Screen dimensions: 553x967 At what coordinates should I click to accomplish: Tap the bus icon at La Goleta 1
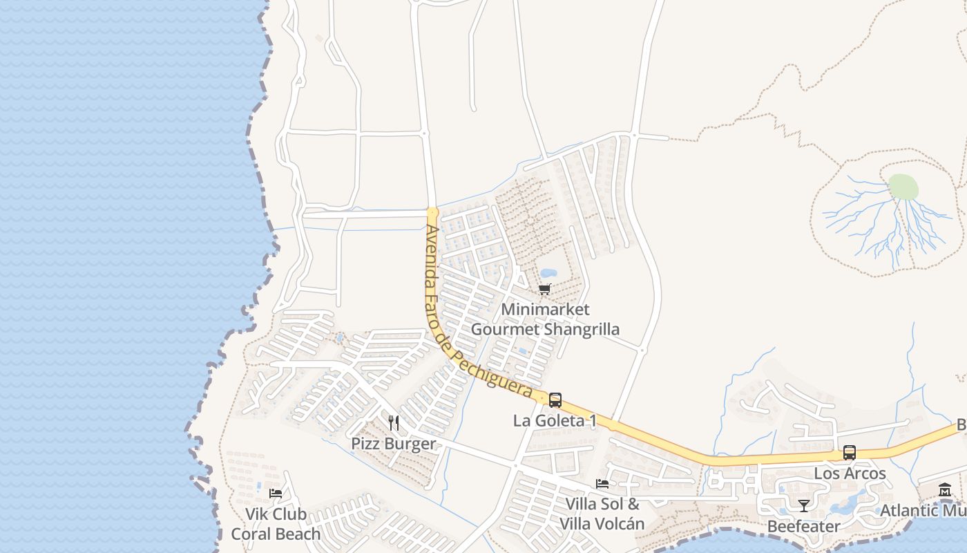coord(555,400)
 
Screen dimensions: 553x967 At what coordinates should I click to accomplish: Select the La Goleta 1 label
coord(555,420)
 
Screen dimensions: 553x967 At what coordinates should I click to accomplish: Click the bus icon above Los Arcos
coord(850,453)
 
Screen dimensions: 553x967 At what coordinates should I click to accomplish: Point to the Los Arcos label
coord(850,474)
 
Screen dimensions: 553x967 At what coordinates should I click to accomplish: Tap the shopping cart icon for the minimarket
coord(545,289)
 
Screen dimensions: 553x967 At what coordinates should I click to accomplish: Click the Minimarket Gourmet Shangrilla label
coord(545,319)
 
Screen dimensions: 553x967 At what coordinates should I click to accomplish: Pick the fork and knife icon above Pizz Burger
coord(394,422)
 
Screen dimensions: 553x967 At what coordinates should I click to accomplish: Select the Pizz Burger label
coord(394,443)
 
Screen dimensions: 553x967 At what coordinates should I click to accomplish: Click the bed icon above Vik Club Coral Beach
coord(276,494)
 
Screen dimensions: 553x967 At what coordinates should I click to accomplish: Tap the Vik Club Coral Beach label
coord(276,524)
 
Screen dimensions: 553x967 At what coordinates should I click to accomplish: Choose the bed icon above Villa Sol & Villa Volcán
coord(602,484)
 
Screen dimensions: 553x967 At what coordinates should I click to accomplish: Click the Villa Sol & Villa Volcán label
coord(602,514)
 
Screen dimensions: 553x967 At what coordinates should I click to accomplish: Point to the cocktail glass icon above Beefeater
coord(803,506)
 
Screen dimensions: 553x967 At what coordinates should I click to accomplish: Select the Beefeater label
coord(804,526)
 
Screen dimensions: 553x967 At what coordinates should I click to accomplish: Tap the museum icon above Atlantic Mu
coord(945,491)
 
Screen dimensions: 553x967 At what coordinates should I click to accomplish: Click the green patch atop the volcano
coord(903,187)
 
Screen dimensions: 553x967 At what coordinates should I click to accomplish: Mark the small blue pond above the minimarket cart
coord(549,273)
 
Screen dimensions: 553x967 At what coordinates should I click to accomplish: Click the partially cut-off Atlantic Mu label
coord(923,510)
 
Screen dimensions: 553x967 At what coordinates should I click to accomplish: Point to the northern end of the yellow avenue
coord(432,212)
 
